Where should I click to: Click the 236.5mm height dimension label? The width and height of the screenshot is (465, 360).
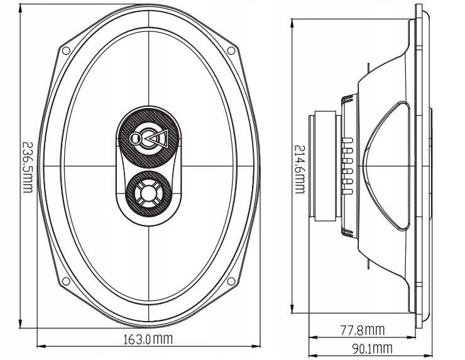(x=27, y=167)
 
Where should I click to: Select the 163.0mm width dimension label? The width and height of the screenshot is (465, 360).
(x=148, y=339)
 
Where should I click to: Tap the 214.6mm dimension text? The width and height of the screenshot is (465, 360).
(x=300, y=169)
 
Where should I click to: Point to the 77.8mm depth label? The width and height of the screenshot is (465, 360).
(x=362, y=330)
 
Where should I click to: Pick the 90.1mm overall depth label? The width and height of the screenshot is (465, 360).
(x=372, y=349)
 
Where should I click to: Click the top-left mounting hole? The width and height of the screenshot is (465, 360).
(x=66, y=50)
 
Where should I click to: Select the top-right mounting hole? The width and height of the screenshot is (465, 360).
(x=231, y=50)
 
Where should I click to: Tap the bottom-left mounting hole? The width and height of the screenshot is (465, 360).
(x=66, y=281)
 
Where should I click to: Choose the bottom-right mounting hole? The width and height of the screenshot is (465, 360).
(x=231, y=281)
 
